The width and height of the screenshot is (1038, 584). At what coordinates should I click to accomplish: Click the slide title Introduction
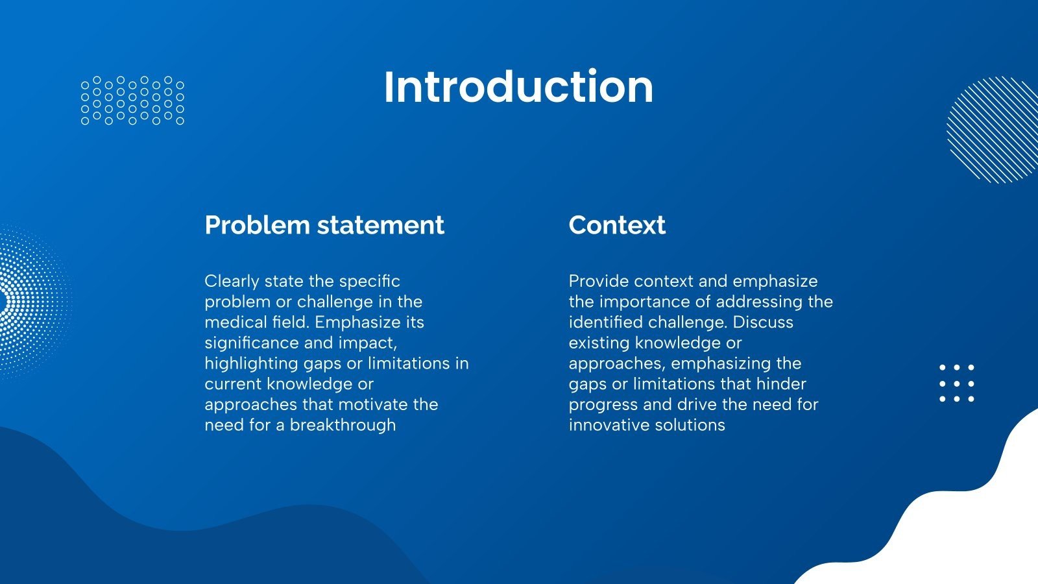pyautogui.click(x=518, y=87)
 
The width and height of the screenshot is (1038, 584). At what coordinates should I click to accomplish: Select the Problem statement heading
pyautogui.click(x=324, y=225)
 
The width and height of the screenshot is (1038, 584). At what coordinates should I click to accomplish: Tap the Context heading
pyautogui.click(x=617, y=225)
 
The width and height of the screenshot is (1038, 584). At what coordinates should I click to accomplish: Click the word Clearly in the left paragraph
pyautogui.click(x=232, y=282)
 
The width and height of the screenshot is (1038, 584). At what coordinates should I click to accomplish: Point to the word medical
pyautogui.click(x=234, y=322)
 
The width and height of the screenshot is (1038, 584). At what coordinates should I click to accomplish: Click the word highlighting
pyautogui.click(x=252, y=364)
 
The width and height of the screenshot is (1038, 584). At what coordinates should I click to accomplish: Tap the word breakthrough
pyautogui.click(x=343, y=426)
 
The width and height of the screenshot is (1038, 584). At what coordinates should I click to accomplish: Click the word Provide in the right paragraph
pyautogui.click(x=599, y=282)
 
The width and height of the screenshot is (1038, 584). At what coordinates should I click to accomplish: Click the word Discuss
pyautogui.click(x=763, y=322)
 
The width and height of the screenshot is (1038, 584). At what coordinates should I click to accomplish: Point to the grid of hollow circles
pyautogui.click(x=132, y=101)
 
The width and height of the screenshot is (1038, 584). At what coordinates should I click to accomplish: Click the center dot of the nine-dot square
pyautogui.click(x=956, y=383)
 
